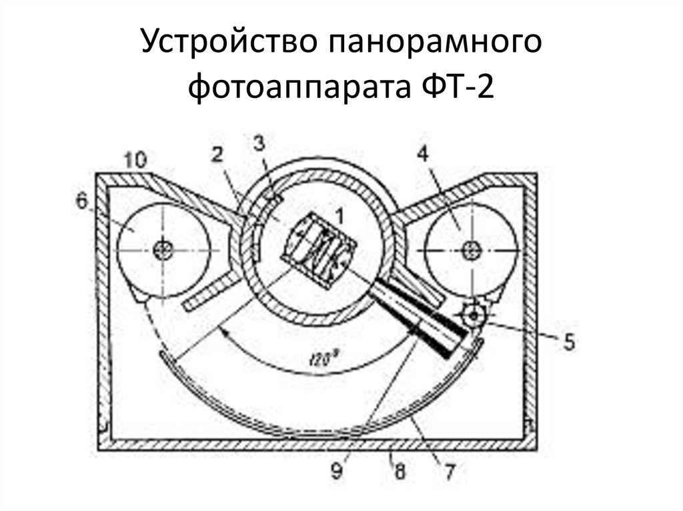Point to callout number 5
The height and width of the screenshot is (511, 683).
click(x=568, y=342)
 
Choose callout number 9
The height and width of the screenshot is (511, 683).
click(x=336, y=472)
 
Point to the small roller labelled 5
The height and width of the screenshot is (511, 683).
click(x=474, y=315)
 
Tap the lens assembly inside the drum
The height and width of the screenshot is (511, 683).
click(x=319, y=251)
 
